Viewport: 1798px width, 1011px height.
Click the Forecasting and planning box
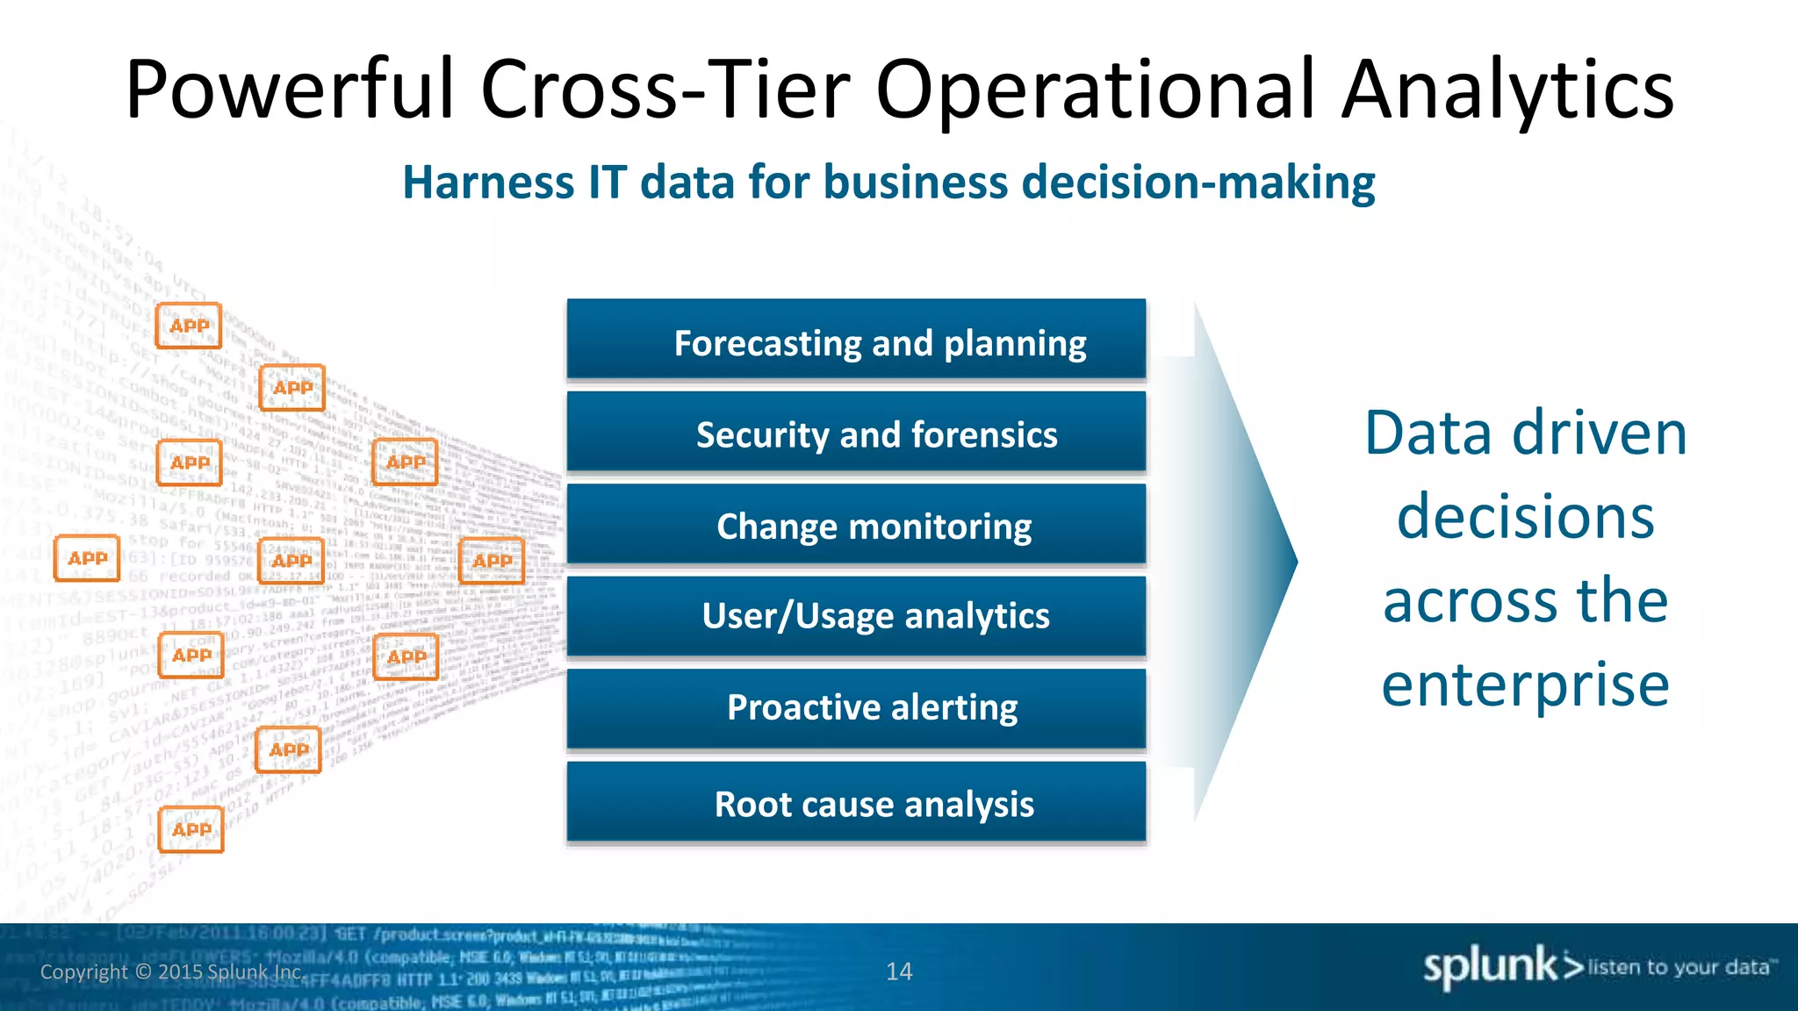(x=856, y=341)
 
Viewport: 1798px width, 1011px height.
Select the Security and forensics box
(x=856, y=434)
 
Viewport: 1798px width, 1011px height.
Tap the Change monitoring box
(x=856, y=525)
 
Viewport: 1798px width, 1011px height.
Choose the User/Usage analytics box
(x=856, y=616)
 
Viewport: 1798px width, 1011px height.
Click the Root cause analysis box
(x=856, y=803)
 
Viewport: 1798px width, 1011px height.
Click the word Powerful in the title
(x=290, y=90)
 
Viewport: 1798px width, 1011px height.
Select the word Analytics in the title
(x=1507, y=90)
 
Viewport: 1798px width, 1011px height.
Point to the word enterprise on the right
(x=1525, y=685)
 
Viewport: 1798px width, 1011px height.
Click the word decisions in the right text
(x=1525, y=517)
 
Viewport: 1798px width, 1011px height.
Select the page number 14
(x=899, y=972)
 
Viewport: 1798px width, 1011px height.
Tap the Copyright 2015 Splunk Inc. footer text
(x=172, y=972)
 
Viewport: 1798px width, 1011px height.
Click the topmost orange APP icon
(x=189, y=326)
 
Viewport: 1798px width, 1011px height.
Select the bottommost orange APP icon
(x=191, y=829)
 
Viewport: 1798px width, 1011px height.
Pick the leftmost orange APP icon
(x=87, y=558)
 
